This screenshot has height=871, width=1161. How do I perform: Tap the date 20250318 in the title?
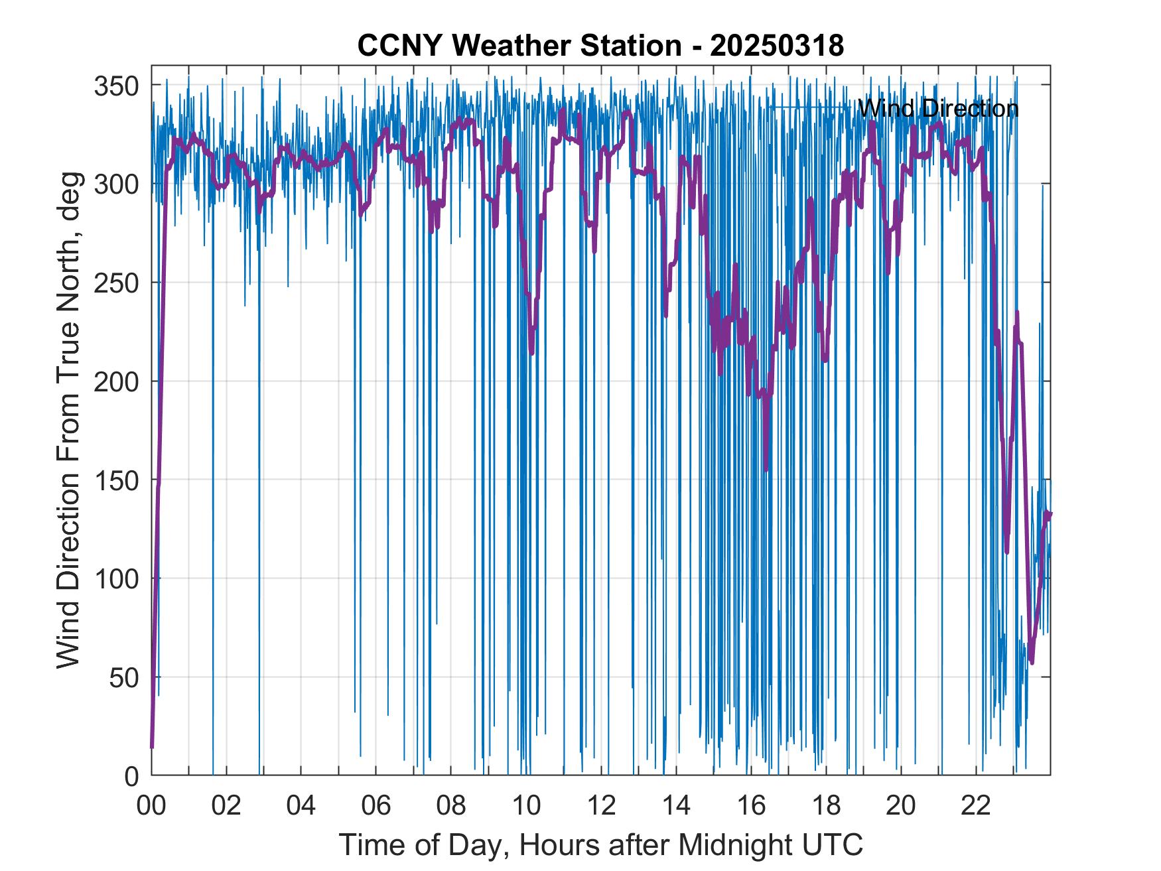click(777, 46)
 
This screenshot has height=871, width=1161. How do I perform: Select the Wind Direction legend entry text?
click(938, 108)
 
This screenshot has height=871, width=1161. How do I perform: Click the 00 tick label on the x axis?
click(151, 806)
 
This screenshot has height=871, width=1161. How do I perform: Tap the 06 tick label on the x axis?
click(376, 806)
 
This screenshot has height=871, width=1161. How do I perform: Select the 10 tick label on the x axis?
click(526, 806)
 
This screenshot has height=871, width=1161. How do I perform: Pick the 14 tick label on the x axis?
click(676, 806)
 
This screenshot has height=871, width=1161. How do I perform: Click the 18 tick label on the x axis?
click(826, 806)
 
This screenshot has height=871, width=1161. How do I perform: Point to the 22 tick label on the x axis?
click(976, 806)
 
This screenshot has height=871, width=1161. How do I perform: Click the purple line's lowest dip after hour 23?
click(1032, 662)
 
